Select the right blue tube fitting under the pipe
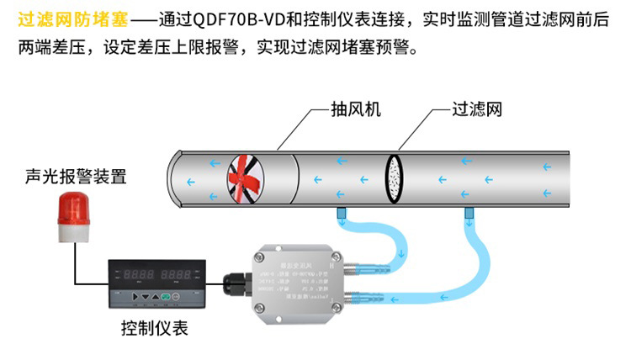coord(467,215)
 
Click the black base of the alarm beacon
coord(74,236)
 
